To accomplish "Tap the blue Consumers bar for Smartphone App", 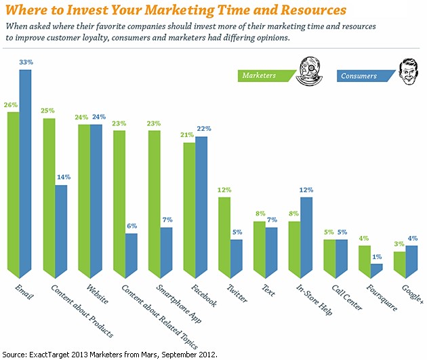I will [x=166, y=252].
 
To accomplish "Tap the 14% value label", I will [x=61, y=178].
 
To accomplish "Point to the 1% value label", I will [x=377, y=256].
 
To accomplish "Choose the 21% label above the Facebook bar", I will [x=189, y=135].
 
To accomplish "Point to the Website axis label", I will [x=86, y=294].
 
